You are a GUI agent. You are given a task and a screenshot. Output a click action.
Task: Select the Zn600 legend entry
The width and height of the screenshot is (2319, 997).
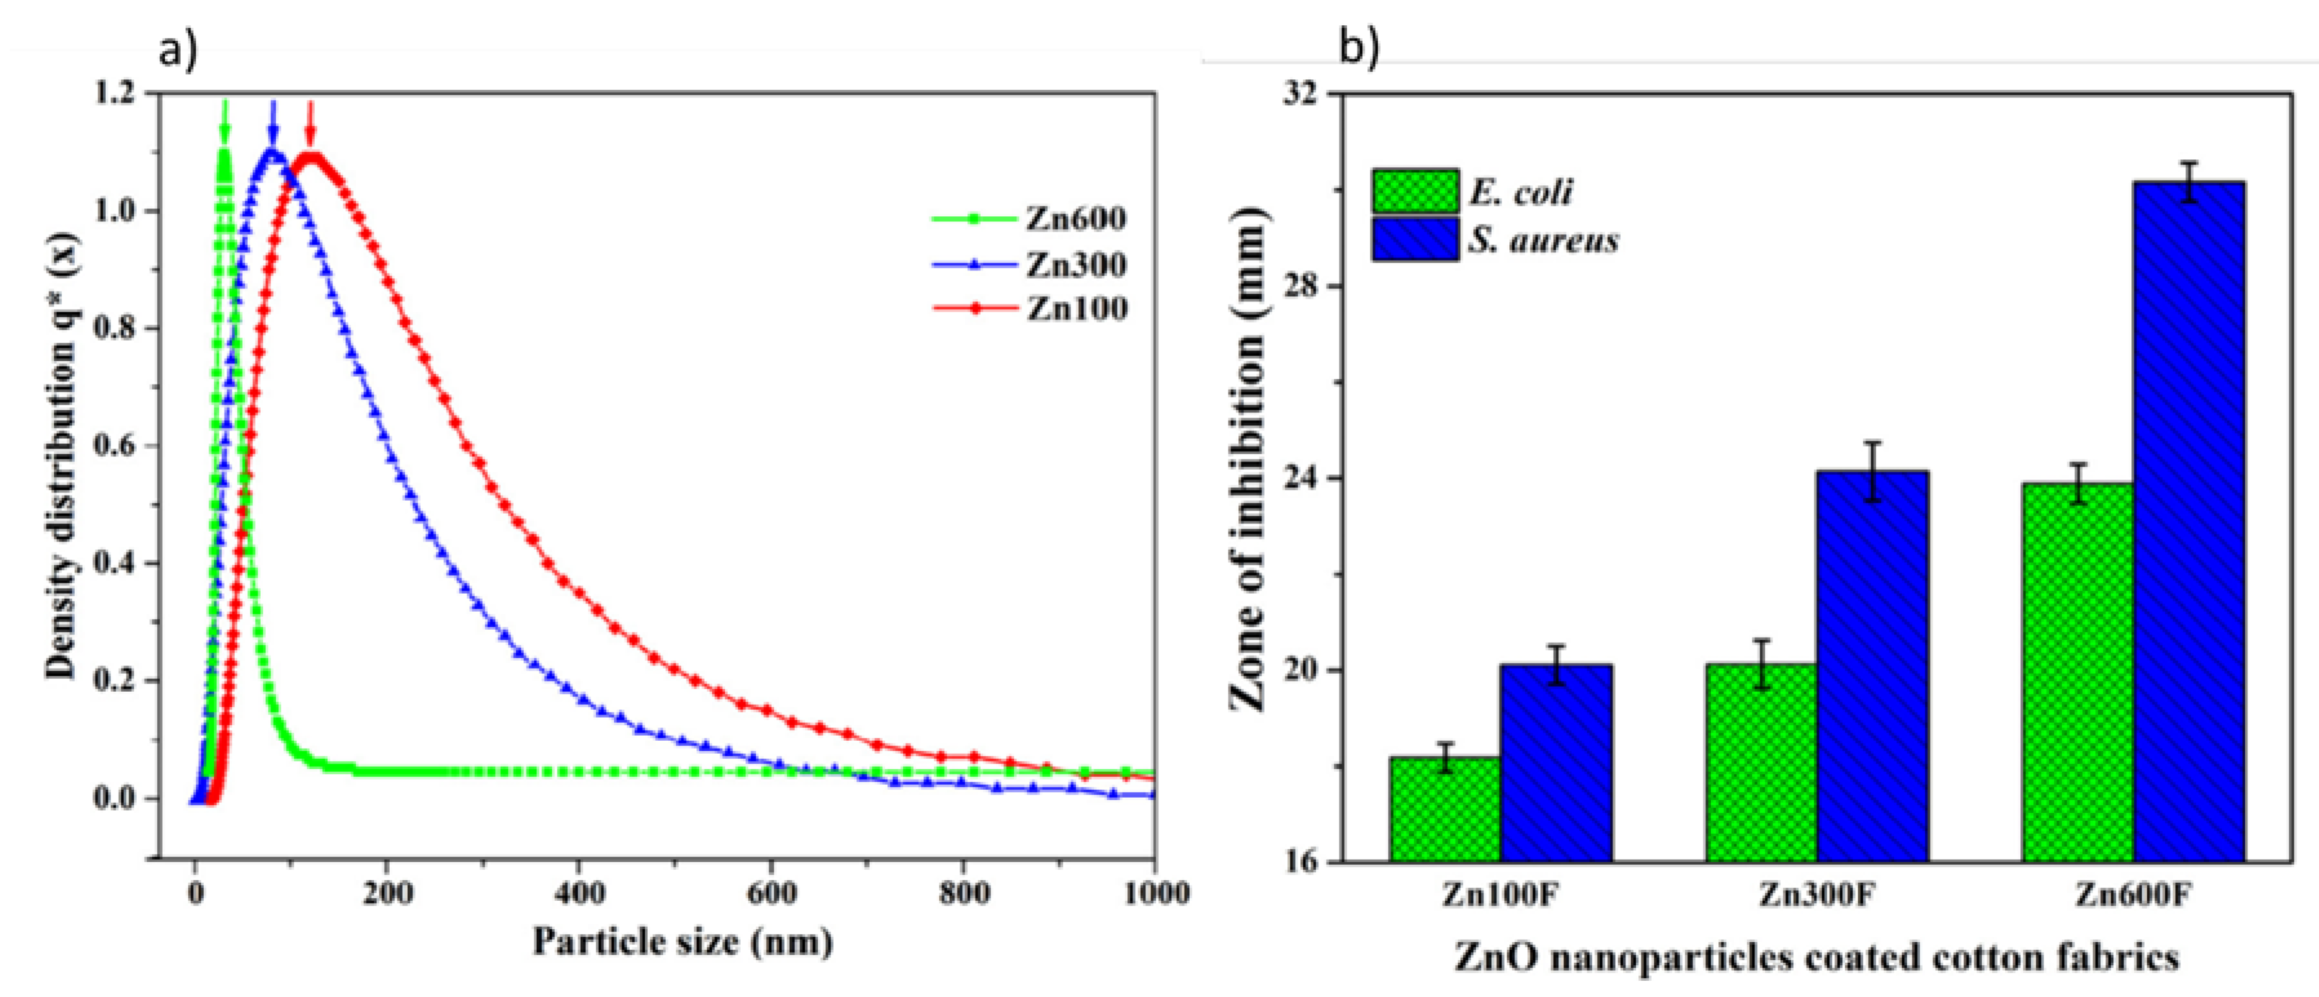1030,219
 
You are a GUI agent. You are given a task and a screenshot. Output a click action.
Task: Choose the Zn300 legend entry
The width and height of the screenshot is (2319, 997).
1030,265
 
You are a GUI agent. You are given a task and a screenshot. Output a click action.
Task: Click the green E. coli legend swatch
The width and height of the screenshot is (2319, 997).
1415,192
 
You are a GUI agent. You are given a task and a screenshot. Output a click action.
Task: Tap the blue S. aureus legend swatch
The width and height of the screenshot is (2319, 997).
1415,239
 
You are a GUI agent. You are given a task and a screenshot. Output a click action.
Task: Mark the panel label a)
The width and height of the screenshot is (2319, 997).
177,50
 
